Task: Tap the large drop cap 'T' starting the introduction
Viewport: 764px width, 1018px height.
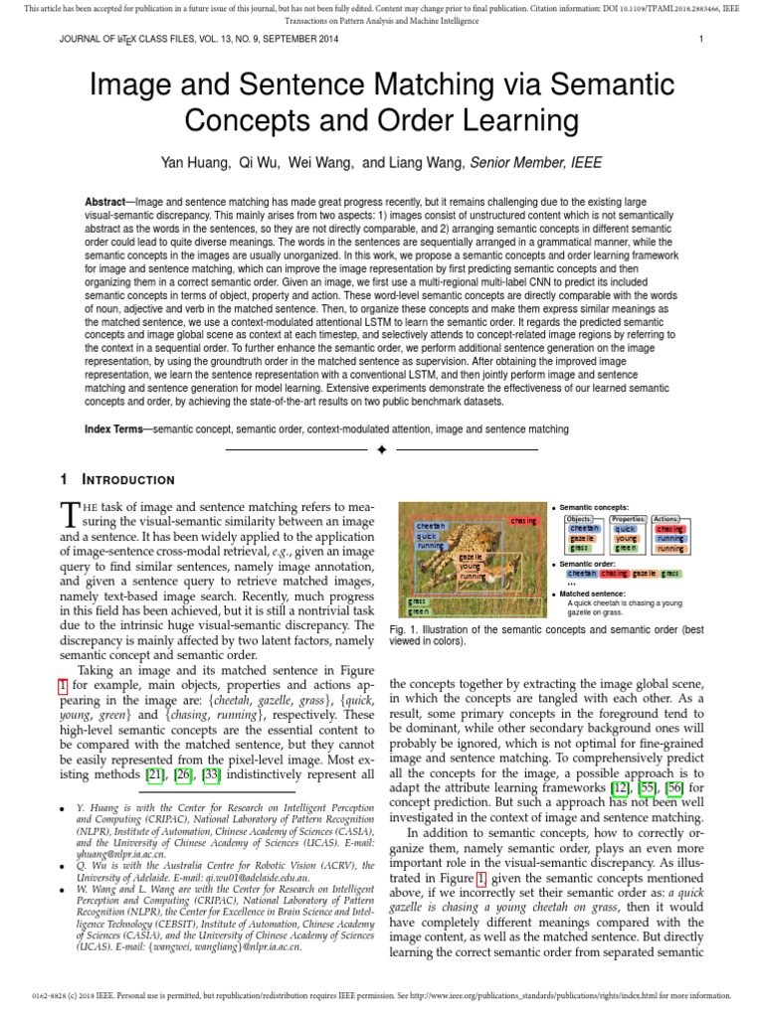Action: click(x=70, y=515)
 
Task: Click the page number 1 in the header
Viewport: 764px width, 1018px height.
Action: click(x=701, y=40)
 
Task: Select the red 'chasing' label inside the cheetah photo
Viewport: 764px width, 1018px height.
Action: click(x=523, y=520)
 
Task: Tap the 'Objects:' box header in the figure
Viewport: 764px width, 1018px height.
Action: click(x=579, y=519)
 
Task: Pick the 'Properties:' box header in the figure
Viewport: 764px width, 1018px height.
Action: click(x=628, y=519)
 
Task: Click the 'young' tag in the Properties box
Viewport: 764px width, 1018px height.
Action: click(x=625, y=539)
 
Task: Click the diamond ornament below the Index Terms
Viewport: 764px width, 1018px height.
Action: click(x=382, y=450)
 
